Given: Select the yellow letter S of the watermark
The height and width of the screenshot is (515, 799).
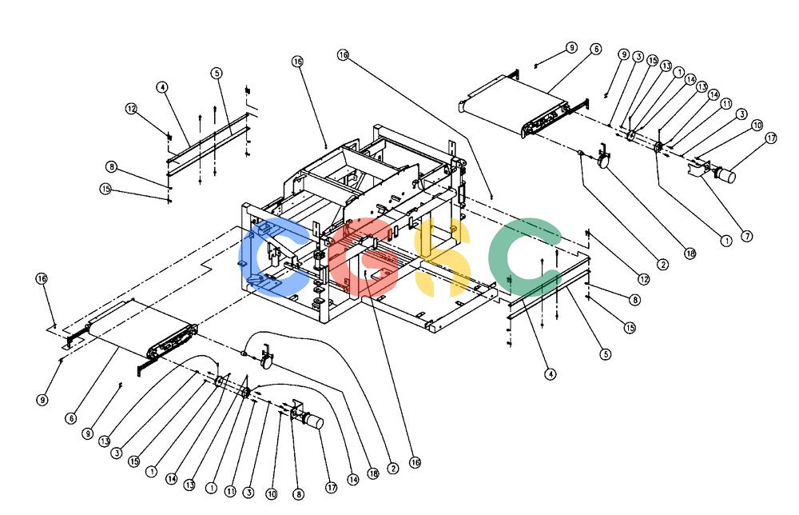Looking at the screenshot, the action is point(438,257).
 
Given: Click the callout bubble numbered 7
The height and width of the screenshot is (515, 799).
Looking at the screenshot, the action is point(746,236).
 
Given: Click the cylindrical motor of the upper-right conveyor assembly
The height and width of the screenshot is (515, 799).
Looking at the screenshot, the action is point(725,175).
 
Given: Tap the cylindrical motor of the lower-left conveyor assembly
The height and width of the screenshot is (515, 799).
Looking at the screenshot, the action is point(312,421).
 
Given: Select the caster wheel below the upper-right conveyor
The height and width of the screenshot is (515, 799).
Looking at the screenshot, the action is point(603,162).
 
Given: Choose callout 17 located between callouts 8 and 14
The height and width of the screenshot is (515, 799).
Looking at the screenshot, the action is point(332,488).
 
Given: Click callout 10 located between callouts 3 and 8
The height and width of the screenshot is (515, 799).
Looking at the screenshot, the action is point(272,493).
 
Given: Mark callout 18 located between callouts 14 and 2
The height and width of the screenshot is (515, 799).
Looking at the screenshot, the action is point(373,473).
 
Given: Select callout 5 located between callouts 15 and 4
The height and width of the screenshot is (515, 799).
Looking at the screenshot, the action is point(605,354).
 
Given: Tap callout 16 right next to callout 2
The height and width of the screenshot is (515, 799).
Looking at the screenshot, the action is point(415,462).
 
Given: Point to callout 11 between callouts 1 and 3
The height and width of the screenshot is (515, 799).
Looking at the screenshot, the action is point(230,492).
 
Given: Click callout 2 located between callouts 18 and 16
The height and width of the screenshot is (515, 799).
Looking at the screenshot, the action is point(392,468).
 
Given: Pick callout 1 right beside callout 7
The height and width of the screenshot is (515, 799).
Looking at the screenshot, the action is point(725,240).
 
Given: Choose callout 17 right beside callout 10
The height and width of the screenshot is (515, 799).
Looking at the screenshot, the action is point(771,138).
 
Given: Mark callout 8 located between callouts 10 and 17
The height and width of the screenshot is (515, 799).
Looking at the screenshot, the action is point(298,493).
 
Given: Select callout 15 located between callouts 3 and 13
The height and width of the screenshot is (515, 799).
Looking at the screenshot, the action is point(653,60).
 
